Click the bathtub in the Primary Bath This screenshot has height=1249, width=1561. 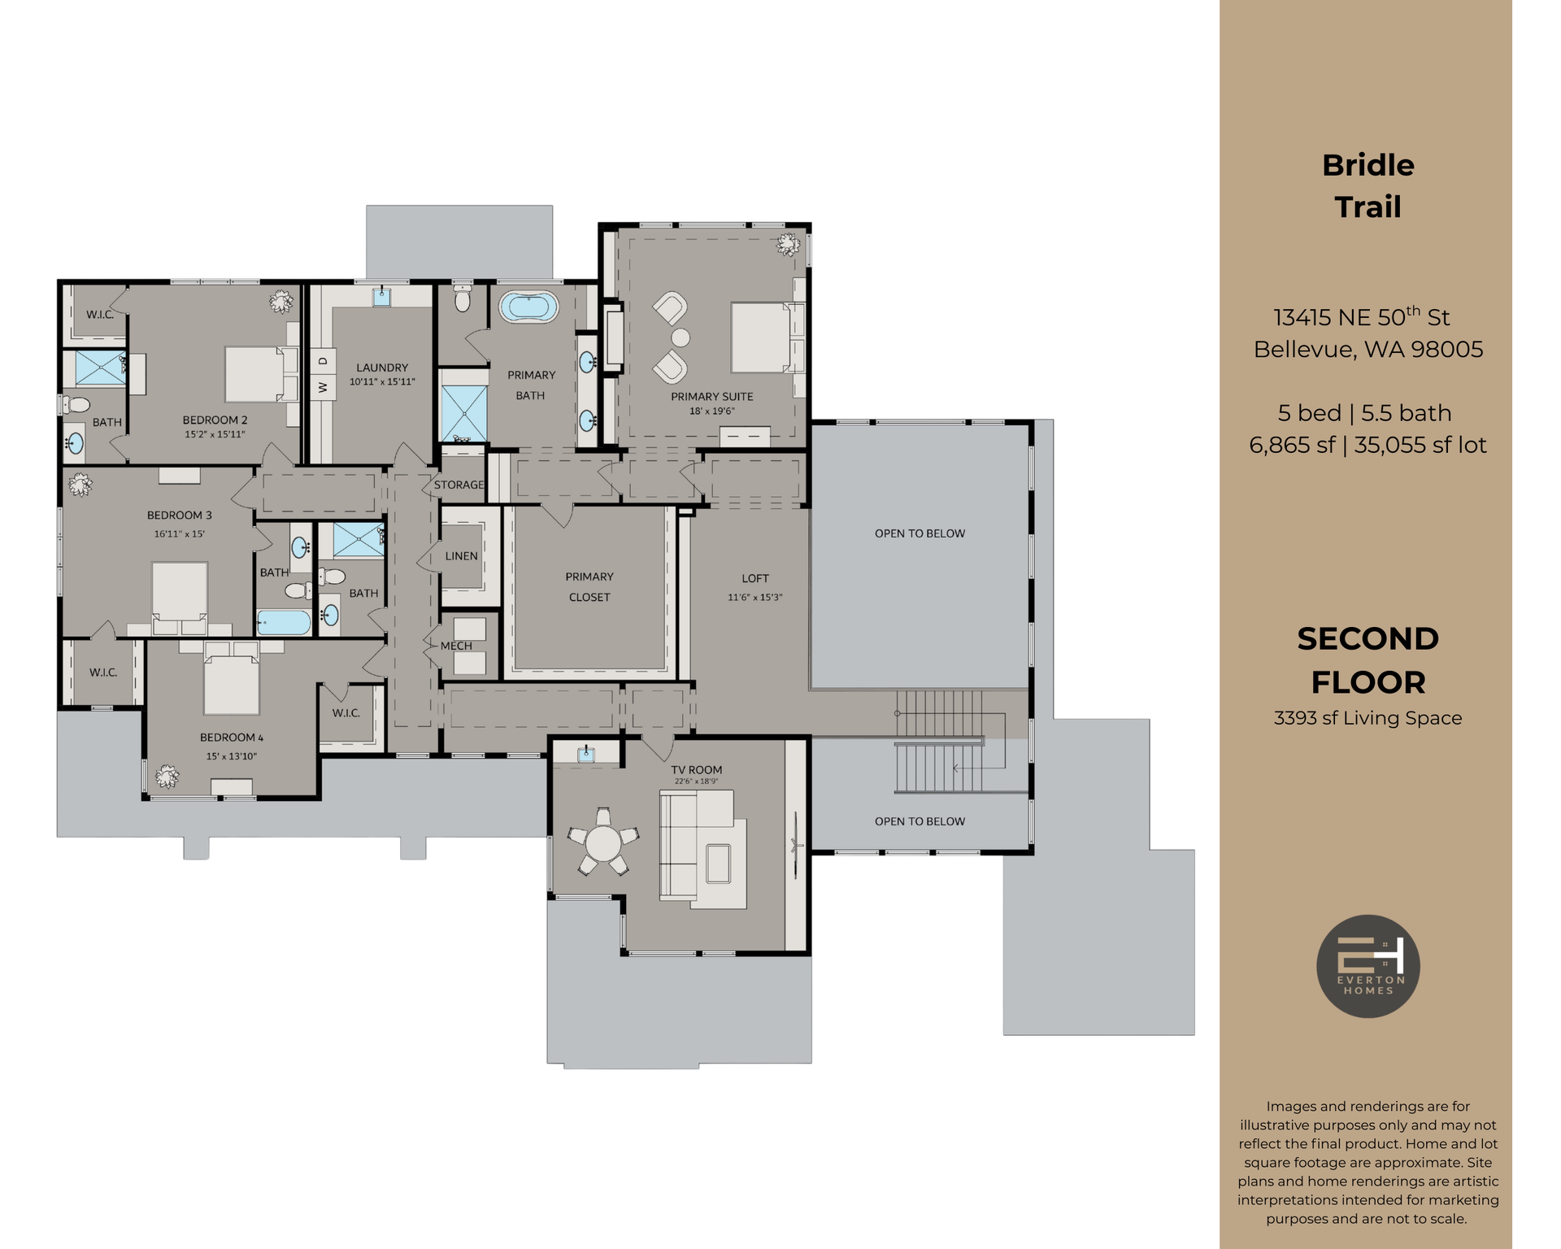point(528,308)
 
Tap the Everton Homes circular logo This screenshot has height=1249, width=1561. point(1368,966)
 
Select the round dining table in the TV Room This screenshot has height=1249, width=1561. point(602,844)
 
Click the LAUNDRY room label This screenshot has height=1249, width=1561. point(382,368)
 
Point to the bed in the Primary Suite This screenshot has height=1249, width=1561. point(761,337)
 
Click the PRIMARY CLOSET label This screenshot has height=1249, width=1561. point(589,586)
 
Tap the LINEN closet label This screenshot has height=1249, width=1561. point(461,556)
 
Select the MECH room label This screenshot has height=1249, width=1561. point(456,646)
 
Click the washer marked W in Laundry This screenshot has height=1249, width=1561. point(323,387)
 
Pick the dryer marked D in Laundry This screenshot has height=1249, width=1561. point(323,360)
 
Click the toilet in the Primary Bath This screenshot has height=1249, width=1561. point(463,299)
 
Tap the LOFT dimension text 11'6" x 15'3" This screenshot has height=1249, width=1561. point(754,597)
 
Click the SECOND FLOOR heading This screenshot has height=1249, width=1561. point(1368,660)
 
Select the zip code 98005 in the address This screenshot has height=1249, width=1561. point(1446,350)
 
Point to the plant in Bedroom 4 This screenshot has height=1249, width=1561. point(167,776)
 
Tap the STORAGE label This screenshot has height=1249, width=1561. point(459,485)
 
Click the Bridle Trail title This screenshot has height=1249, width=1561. point(1368,185)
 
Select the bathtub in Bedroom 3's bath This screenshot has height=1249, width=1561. point(285,623)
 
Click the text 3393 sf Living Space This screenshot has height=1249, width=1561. point(1368,718)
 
